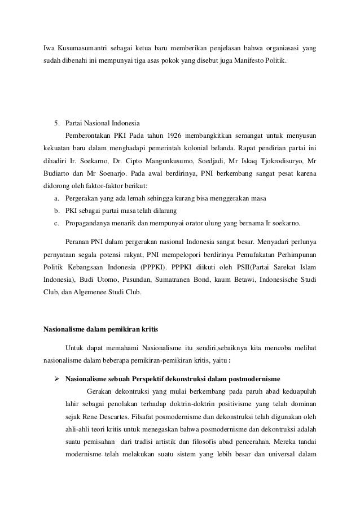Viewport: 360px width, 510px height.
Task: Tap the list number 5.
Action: pyautogui.click(x=56, y=123)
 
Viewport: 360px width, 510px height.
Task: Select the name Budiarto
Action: pyautogui.click(x=58, y=173)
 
